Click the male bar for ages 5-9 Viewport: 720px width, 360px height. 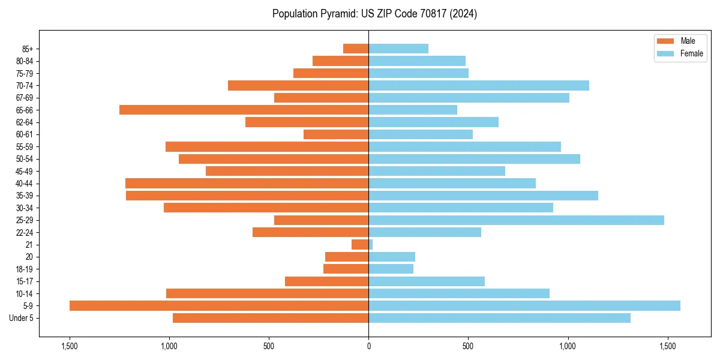point(219,306)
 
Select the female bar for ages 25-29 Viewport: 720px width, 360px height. point(516,220)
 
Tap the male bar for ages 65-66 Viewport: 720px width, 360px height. point(244,110)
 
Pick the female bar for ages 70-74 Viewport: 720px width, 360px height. point(479,85)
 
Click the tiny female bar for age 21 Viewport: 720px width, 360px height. point(371,245)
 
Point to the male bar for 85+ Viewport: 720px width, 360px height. point(356,49)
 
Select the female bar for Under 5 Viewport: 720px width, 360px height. point(499,318)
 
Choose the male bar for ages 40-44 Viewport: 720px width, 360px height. point(247,183)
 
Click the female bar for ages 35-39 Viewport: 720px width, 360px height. point(483,196)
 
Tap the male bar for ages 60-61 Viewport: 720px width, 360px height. point(336,134)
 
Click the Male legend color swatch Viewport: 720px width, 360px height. point(665,41)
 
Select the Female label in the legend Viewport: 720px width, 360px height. point(691,53)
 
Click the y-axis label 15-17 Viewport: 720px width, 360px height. point(25,281)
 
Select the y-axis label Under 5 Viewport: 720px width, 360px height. point(21,318)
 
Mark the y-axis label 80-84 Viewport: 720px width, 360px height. point(25,61)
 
